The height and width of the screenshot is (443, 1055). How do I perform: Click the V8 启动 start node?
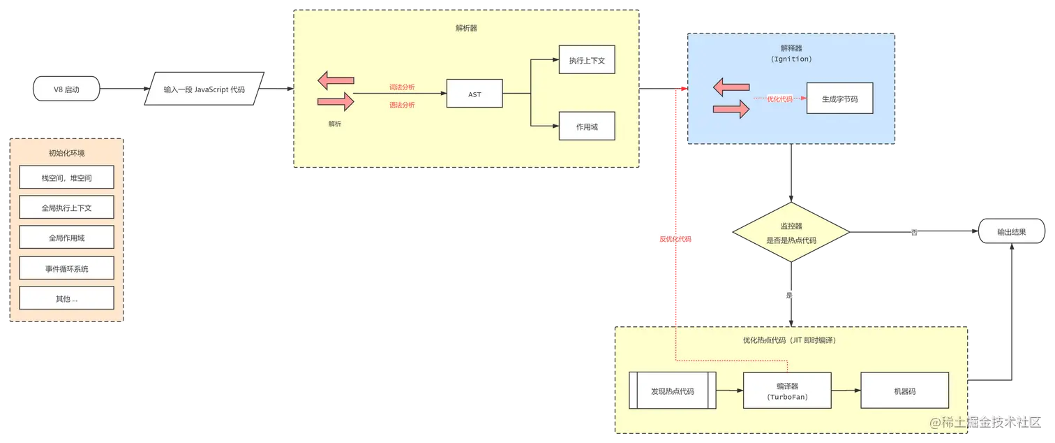66,89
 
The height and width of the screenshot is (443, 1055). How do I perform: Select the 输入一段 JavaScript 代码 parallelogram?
204,89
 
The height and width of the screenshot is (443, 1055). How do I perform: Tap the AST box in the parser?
474,94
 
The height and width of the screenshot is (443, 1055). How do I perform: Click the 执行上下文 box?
587,61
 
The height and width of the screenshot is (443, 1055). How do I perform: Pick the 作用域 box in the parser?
587,126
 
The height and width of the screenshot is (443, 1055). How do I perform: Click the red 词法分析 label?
402,87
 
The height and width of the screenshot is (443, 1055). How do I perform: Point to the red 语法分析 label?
402,105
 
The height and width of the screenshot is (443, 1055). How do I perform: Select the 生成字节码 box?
839,99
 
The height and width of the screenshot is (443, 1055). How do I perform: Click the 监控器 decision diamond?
791,233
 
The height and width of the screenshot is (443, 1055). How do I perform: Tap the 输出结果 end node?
1011,232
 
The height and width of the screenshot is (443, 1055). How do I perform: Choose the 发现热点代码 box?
673,391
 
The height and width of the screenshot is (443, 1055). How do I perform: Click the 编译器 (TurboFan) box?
787,391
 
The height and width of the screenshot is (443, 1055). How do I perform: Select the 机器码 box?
904,391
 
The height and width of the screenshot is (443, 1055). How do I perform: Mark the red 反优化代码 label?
675,240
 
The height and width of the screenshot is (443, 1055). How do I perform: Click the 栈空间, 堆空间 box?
66,178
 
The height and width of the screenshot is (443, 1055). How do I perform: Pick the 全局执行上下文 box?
66,208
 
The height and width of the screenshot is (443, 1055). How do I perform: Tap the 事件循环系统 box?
66,268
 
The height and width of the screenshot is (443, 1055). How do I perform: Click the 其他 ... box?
66,298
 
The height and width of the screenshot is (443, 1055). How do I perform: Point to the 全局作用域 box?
66,238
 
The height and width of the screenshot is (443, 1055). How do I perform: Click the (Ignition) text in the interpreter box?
791,59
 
